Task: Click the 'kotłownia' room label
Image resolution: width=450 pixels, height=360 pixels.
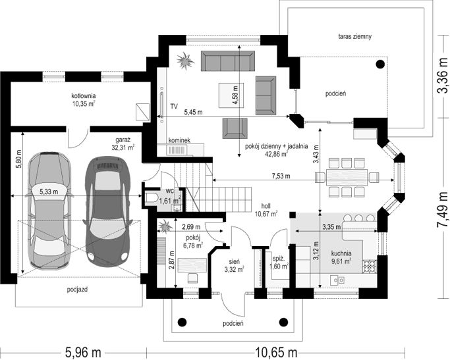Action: pyautogui.click(x=84, y=96)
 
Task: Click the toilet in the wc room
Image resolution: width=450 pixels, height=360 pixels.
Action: pyautogui.click(x=152, y=198)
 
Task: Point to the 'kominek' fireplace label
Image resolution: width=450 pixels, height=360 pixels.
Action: pyautogui.click(x=179, y=140)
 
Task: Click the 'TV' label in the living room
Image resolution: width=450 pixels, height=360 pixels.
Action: pyautogui.click(x=174, y=105)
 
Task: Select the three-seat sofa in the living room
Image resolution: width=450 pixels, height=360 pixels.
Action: pyautogui.click(x=227, y=62)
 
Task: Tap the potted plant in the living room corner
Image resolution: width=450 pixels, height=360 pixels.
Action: pyautogui.click(x=184, y=61)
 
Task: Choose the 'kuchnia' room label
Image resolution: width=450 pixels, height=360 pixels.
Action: pyautogui.click(x=341, y=253)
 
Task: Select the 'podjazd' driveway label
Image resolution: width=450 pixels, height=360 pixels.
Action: pyautogui.click(x=78, y=290)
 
